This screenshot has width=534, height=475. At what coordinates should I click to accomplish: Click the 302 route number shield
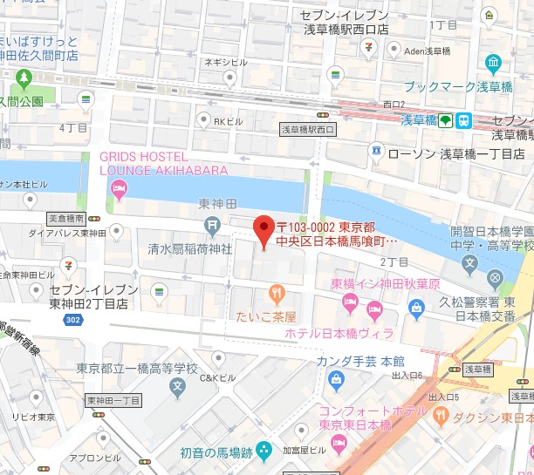pyautogui.click(x=72, y=320)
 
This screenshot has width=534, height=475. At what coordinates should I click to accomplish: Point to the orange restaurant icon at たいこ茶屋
pyautogui.click(x=277, y=294)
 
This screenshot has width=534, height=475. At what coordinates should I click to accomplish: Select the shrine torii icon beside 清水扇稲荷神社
pyautogui.click(x=213, y=227)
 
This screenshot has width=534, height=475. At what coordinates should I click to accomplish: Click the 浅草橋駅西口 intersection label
pyautogui.click(x=308, y=129)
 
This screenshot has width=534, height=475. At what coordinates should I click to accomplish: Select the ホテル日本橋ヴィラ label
pyautogui.click(x=339, y=333)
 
